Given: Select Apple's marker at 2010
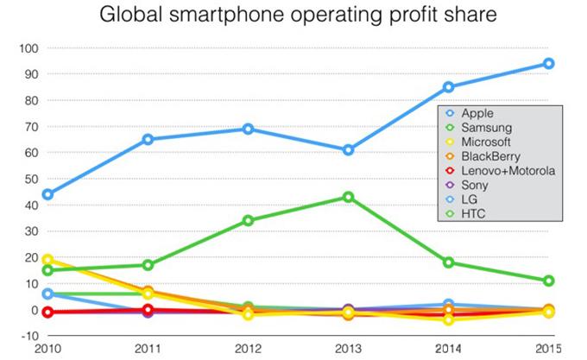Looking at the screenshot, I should pyautogui.click(x=47, y=194).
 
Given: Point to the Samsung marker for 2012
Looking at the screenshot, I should pyautogui.click(x=248, y=220).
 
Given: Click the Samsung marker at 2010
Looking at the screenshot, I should pyautogui.click(x=47, y=270).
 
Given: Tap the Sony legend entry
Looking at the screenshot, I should pyautogui.click(x=475, y=185).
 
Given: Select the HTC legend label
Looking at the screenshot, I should pyautogui.click(x=474, y=213).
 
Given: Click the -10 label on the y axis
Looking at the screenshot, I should pyautogui.click(x=27, y=336).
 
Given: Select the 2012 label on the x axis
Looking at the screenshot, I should pyautogui.click(x=248, y=349).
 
